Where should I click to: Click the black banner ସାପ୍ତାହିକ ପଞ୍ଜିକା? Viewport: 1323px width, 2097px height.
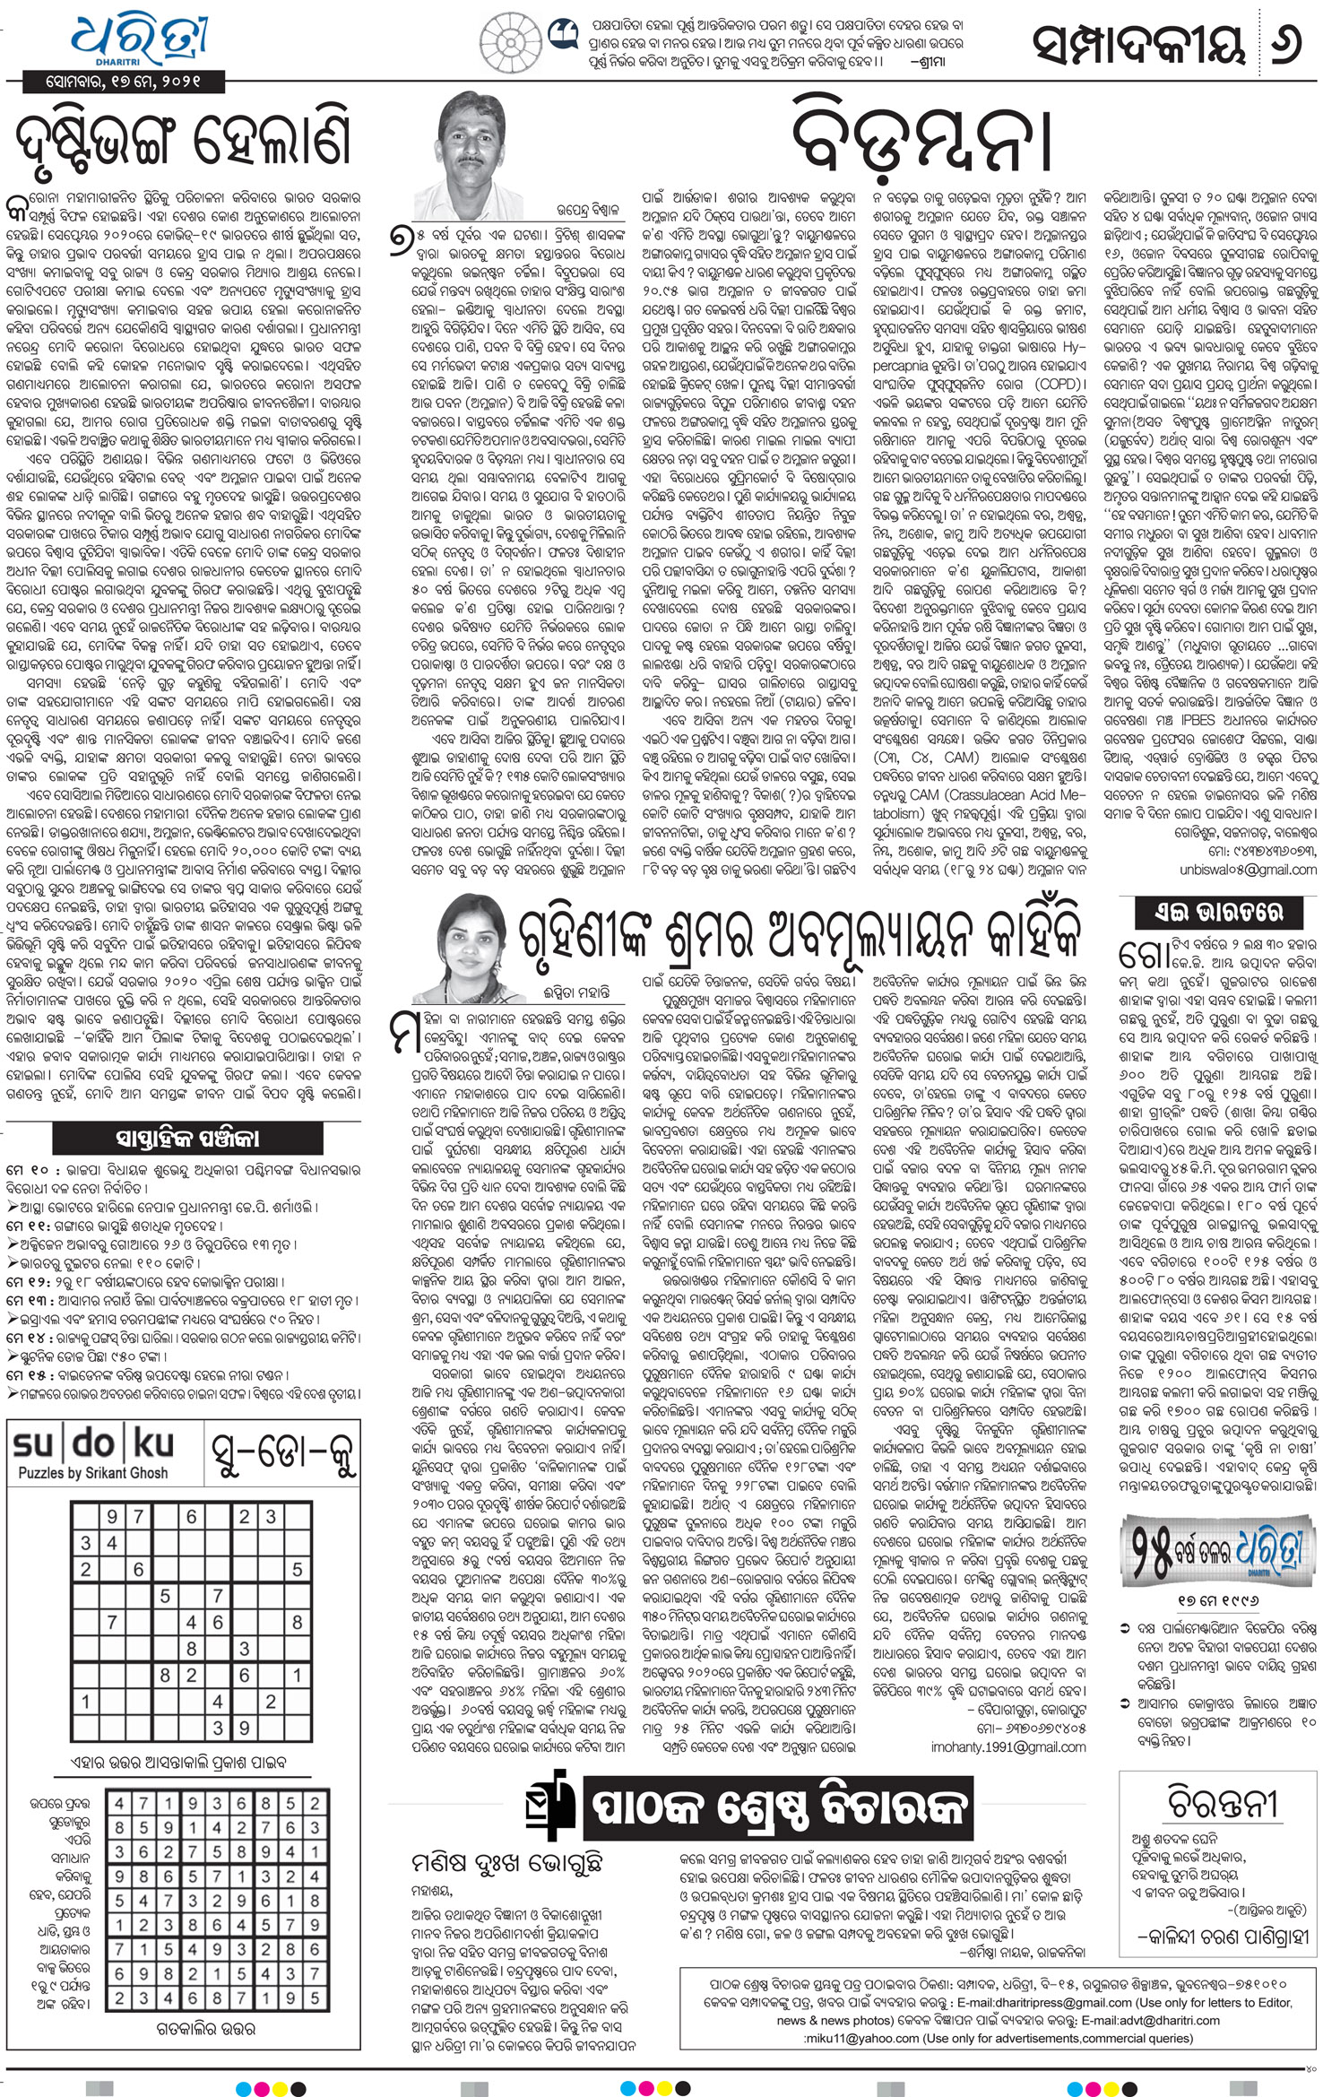click(x=186, y=1139)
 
